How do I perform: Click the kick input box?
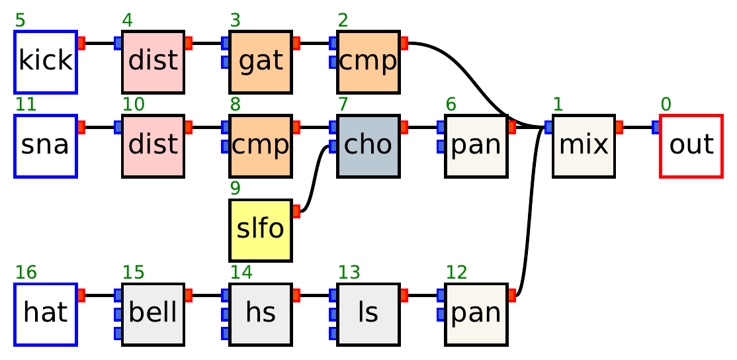click(46, 62)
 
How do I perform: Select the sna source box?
click(46, 146)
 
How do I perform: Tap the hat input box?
click(46, 314)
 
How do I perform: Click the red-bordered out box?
click(691, 146)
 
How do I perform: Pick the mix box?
click(583, 146)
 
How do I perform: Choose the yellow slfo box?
click(260, 230)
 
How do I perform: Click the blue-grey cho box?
click(368, 146)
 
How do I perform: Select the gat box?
click(260, 62)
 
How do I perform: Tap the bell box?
click(153, 314)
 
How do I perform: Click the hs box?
click(260, 314)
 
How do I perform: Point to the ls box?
click(368, 314)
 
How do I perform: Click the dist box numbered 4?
click(153, 62)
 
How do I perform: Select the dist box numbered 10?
click(153, 146)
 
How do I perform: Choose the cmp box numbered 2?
click(368, 62)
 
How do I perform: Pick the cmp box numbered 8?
click(260, 146)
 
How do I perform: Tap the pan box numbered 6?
click(476, 146)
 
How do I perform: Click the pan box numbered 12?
click(476, 314)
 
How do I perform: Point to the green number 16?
click(25, 273)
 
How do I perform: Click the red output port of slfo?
click(296, 211)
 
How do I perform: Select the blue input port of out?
click(656, 127)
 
